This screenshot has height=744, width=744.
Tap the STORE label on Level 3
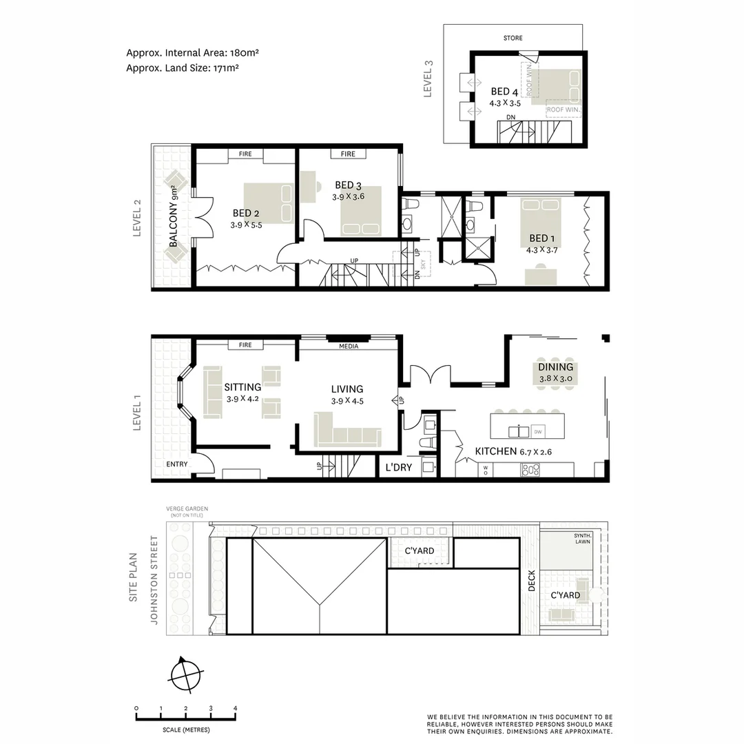(x=513, y=39)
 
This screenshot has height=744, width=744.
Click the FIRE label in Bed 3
(x=348, y=154)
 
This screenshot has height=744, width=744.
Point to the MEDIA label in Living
(x=349, y=347)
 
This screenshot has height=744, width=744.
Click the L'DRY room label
(x=399, y=468)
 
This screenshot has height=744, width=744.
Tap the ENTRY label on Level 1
(x=176, y=464)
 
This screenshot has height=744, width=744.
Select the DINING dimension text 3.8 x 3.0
(x=555, y=379)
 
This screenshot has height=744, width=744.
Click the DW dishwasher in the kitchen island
(x=539, y=431)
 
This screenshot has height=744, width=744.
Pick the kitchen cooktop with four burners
(x=530, y=470)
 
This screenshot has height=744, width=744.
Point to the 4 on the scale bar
(x=235, y=708)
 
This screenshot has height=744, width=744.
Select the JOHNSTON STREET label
(x=154, y=580)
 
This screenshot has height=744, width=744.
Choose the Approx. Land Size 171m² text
(x=183, y=68)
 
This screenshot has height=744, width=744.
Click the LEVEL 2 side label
(x=136, y=218)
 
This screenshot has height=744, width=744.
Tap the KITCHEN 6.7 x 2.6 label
(x=513, y=452)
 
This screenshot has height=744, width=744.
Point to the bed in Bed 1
(x=541, y=222)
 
